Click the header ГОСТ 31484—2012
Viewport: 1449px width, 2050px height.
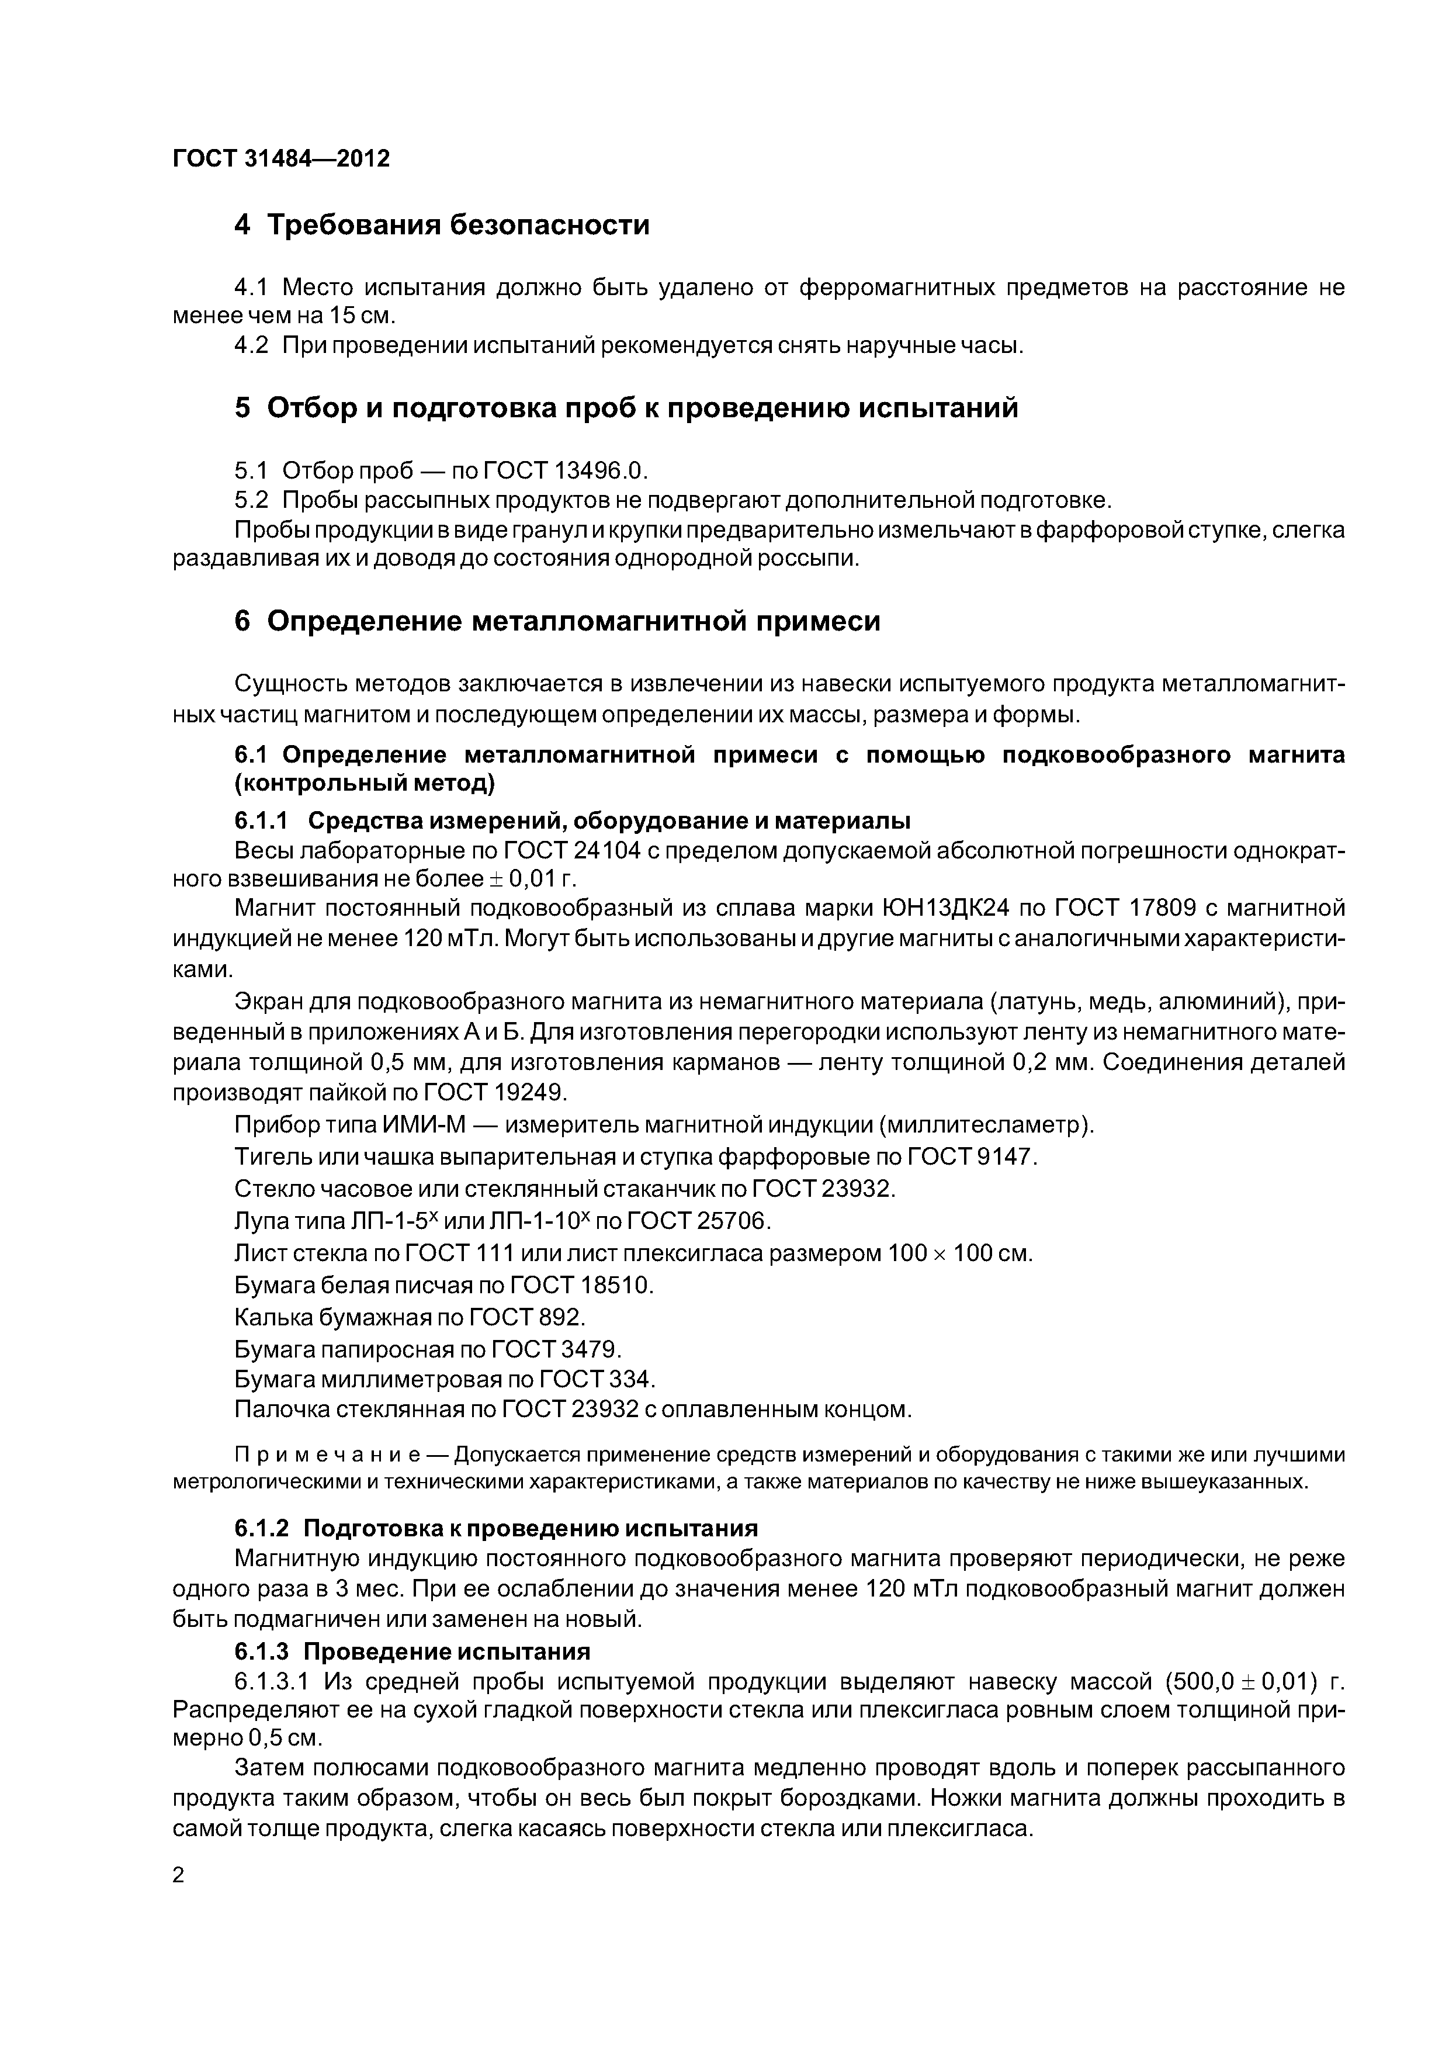coord(281,159)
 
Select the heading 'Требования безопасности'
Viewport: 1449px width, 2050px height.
coord(458,225)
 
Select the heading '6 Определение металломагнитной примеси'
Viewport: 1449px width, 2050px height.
coord(557,621)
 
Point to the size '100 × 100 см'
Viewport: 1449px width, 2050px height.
coord(960,1253)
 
